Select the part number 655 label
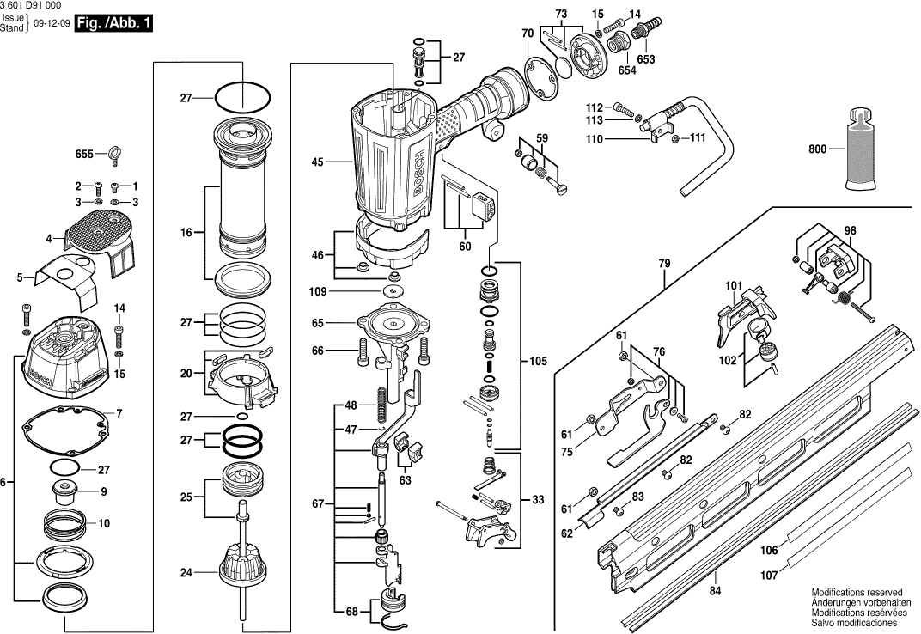pyautogui.click(x=83, y=155)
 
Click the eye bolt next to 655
pyautogui.click(x=112, y=155)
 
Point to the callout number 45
pyautogui.click(x=317, y=161)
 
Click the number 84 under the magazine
pyautogui.click(x=716, y=590)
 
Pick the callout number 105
pyautogui.click(x=538, y=361)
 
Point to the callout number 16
pyautogui.click(x=186, y=232)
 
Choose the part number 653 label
pyautogui.click(x=646, y=59)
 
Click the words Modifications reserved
pyautogui.click(x=857, y=593)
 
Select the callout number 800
pyautogui.click(x=817, y=149)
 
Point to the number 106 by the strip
pyautogui.click(x=770, y=550)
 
